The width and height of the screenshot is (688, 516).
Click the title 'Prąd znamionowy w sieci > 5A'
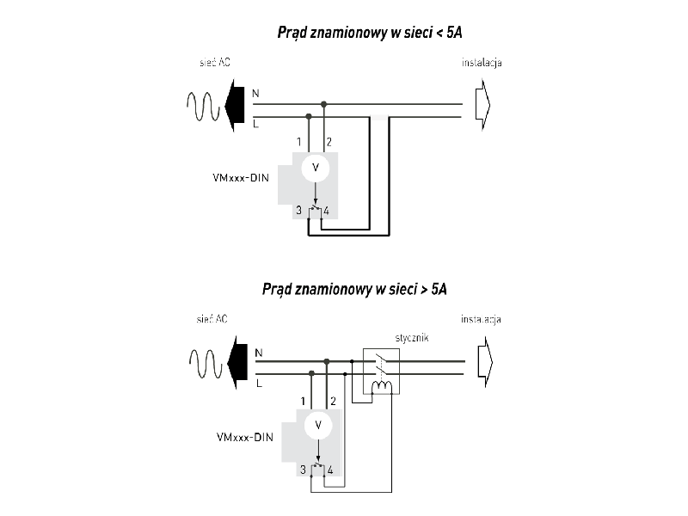(354, 289)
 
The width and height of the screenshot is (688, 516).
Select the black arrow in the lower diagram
(234, 362)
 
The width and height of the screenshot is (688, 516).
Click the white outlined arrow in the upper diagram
(482, 107)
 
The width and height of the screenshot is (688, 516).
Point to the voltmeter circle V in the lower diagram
(319, 424)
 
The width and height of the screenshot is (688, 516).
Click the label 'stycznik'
(412, 339)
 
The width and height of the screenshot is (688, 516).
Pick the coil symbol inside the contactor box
(381, 387)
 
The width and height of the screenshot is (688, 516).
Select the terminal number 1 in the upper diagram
(298, 141)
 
